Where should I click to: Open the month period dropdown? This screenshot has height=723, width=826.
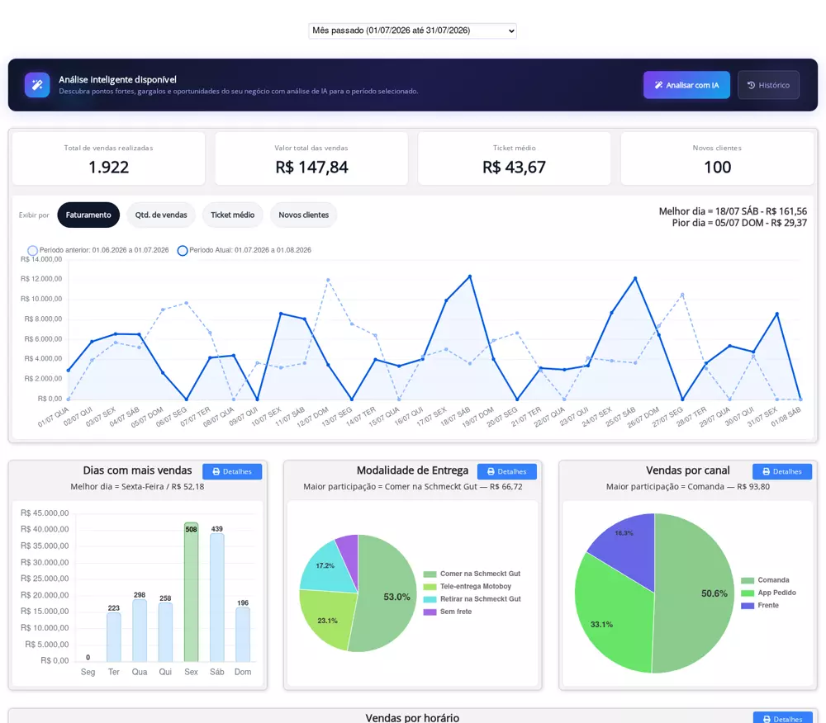pyautogui.click(x=412, y=31)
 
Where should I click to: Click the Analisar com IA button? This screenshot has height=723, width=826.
pyautogui.click(x=686, y=85)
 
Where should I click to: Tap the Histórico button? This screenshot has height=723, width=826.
pyautogui.click(x=768, y=85)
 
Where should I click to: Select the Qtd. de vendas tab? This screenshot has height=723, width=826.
pyautogui.click(x=161, y=215)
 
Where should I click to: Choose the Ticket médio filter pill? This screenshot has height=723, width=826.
pyautogui.click(x=232, y=215)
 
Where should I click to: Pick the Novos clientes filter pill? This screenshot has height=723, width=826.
pyautogui.click(x=303, y=215)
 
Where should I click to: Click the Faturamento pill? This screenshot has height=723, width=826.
pyautogui.click(x=88, y=215)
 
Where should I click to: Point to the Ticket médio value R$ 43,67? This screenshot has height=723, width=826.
pyautogui.click(x=514, y=168)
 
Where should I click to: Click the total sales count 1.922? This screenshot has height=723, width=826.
pyautogui.click(x=108, y=168)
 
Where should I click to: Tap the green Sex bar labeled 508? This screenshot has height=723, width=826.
pyautogui.click(x=192, y=592)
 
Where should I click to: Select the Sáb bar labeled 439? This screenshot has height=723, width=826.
pyautogui.click(x=217, y=598)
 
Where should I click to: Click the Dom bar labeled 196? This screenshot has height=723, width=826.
pyautogui.click(x=243, y=635)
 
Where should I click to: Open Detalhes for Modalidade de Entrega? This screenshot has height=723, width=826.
pyautogui.click(x=507, y=471)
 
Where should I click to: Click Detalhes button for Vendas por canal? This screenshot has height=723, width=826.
pyautogui.click(x=781, y=471)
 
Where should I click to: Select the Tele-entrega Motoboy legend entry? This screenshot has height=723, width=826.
pyautogui.click(x=468, y=586)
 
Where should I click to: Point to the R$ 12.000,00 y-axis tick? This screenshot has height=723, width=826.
pyautogui.click(x=41, y=279)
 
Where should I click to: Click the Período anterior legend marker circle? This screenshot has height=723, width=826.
pyautogui.click(x=33, y=250)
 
